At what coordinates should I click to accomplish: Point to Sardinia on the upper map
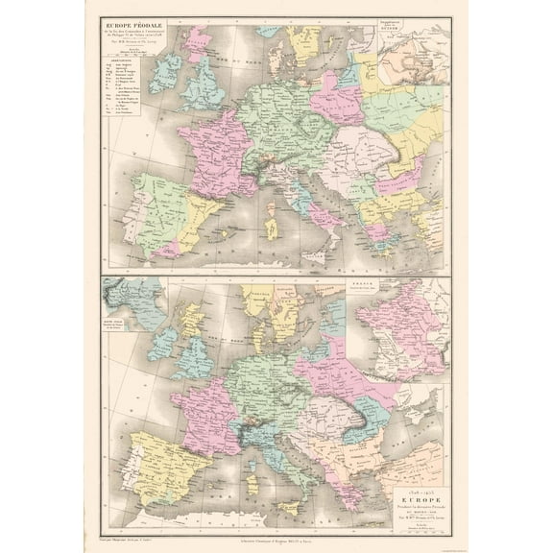pos(272,231)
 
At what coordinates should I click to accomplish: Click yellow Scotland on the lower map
pos(193,318)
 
